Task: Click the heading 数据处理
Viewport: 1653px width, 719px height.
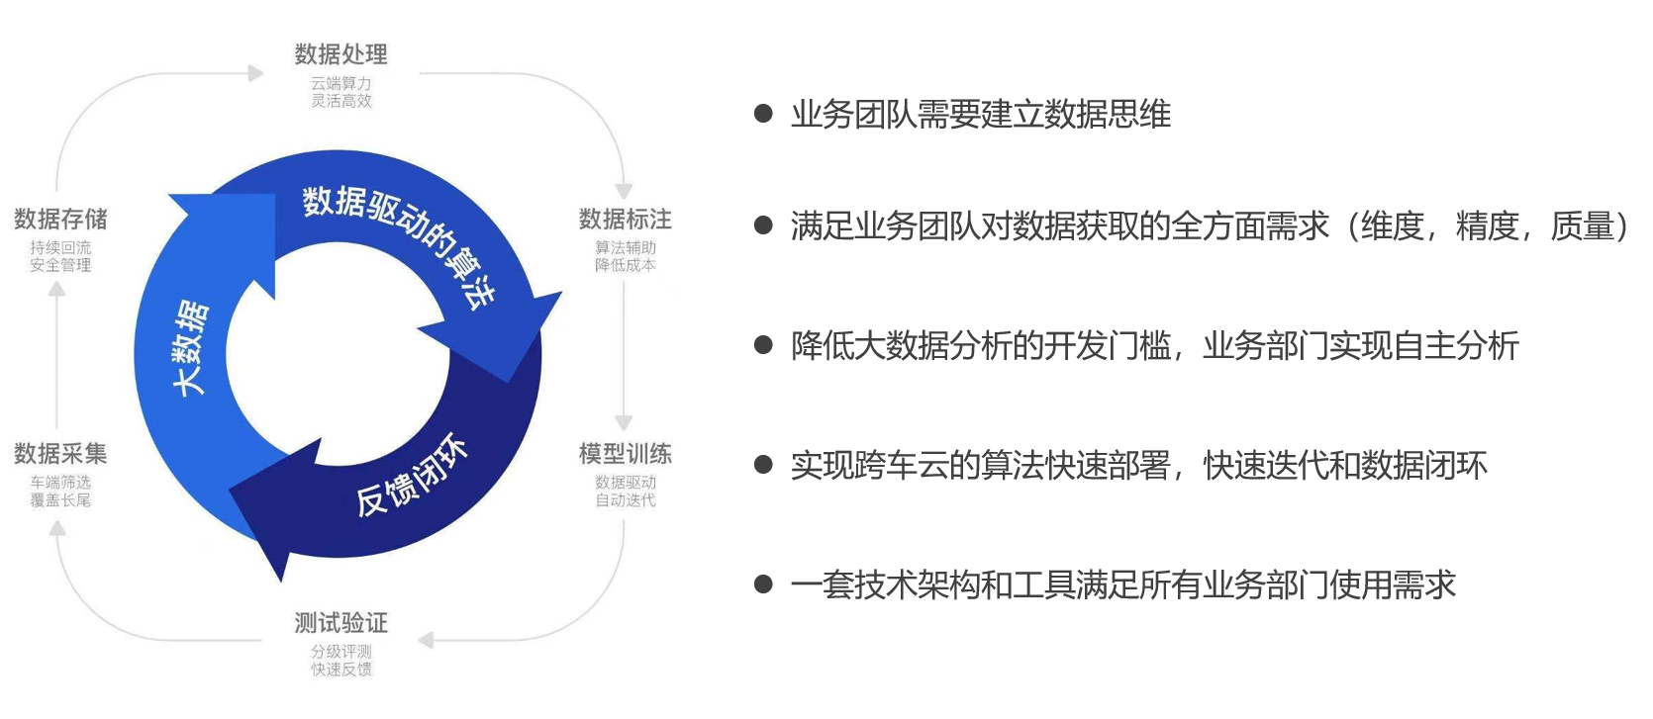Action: [340, 53]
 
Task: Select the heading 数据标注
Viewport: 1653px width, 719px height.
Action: [625, 219]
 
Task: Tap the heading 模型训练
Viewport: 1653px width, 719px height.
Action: [625, 454]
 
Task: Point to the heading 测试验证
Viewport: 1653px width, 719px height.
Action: [340, 623]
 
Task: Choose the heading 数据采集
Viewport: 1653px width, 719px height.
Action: [60, 454]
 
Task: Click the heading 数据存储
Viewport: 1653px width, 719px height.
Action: [60, 219]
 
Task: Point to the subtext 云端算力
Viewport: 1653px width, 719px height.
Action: [340, 83]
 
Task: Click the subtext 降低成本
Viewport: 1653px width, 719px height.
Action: [625, 265]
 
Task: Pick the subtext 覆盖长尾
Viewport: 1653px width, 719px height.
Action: [60, 500]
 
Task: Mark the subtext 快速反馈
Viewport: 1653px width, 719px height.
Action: [340, 670]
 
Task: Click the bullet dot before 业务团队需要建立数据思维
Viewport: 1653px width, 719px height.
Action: [763, 115]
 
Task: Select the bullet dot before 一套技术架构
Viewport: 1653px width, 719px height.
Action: [763, 584]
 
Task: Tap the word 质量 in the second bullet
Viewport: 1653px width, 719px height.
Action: [1582, 226]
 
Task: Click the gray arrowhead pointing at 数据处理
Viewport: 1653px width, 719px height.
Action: [255, 73]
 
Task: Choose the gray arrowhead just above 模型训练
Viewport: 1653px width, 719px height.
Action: [624, 422]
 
